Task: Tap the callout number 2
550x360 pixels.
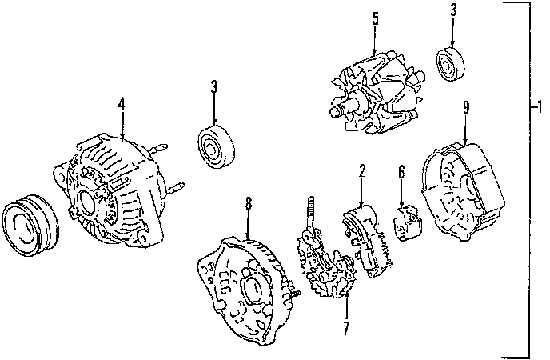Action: click(361, 170)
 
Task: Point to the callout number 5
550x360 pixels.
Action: click(375, 18)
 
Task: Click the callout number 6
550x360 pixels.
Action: click(402, 170)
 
